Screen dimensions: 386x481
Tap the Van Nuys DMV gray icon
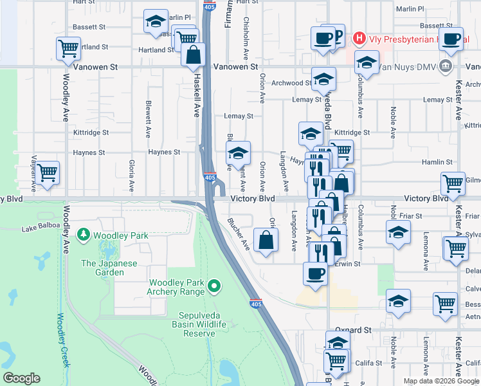(445, 66)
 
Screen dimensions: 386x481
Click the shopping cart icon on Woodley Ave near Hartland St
(68, 48)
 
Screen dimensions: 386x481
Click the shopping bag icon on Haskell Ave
(194, 55)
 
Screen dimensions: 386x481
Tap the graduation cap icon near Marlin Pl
(155, 23)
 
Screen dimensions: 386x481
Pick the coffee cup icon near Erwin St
(315, 273)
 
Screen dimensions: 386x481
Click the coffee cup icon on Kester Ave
(450, 38)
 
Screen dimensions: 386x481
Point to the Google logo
(21, 378)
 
